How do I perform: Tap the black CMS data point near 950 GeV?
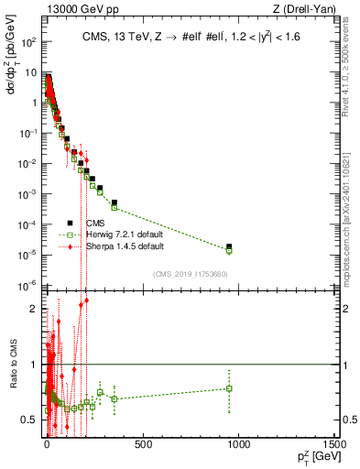tap(229, 246)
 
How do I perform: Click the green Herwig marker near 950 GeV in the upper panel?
tap(229, 250)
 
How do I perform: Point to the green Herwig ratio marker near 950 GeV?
tap(229, 388)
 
